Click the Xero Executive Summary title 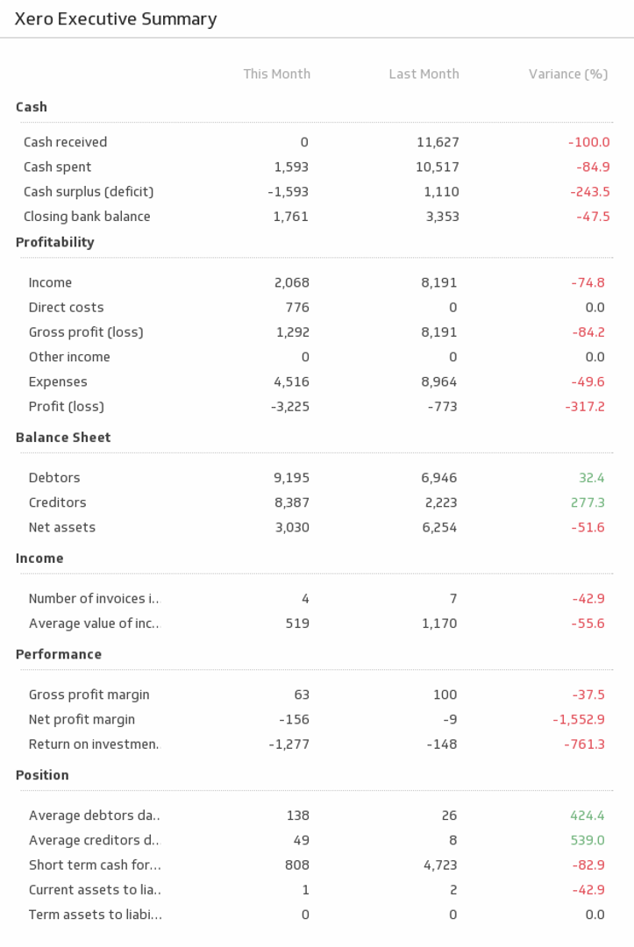[x=116, y=19]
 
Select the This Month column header [x=276, y=75]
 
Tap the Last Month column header [x=424, y=75]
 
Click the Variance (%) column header [x=567, y=75]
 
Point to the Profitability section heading [x=54, y=243]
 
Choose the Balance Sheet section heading [x=63, y=438]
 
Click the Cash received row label [x=65, y=142]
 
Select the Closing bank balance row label [x=87, y=217]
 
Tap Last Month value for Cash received [x=438, y=142]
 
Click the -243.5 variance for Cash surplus [x=589, y=192]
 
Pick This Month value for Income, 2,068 [x=291, y=282]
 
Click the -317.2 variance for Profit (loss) [x=585, y=407]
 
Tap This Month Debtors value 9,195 [x=291, y=478]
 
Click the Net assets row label [x=61, y=528]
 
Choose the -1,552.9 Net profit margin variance [x=579, y=720]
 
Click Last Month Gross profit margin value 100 [x=445, y=695]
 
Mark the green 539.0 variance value [x=588, y=841]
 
